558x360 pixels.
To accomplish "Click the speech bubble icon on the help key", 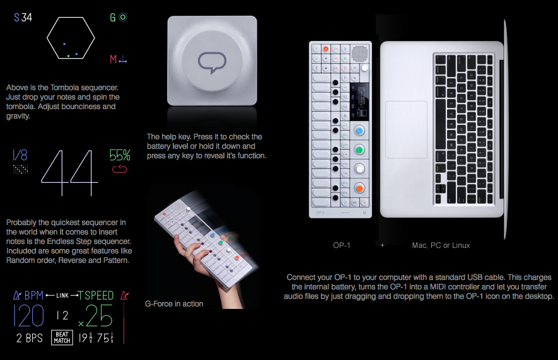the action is point(212,62).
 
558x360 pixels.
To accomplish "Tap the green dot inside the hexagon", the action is point(68,56).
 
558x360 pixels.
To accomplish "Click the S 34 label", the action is point(23,18).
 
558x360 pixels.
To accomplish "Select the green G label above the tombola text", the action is point(112,18).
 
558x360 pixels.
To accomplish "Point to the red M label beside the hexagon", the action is point(113,59).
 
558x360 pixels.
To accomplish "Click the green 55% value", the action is point(120,156).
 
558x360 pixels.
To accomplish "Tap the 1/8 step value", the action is point(20,155).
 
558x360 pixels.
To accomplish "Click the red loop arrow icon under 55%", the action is point(120,169).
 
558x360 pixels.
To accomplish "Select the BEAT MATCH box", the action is point(62,337).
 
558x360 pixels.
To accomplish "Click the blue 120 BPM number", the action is point(28,315).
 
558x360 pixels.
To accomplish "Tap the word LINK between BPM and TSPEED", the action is point(62,295).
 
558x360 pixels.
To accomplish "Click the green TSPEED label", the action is point(96,296).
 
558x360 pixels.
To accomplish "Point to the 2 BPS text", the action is point(30,338).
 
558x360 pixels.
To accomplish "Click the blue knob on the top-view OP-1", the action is point(359,131).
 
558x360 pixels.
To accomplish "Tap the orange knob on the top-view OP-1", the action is point(359,188).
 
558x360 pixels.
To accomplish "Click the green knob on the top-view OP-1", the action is point(359,150).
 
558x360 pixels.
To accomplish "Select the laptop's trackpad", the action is point(407,129).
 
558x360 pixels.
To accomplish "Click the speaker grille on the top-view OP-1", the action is point(359,54).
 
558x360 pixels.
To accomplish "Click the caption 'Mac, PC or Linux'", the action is point(441,245).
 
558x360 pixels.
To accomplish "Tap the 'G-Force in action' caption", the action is point(174,304).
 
